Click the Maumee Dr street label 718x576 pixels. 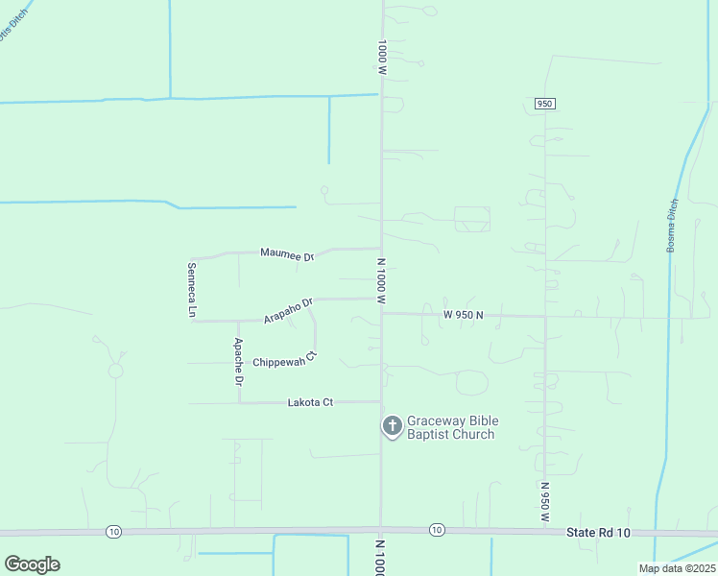click(287, 254)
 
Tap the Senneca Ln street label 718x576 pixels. click(191, 290)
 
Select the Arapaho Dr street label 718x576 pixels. click(289, 311)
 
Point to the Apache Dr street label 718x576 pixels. click(239, 362)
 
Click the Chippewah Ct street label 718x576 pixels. click(284, 362)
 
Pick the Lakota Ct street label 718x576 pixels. click(310, 402)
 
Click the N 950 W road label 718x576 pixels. click(544, 501)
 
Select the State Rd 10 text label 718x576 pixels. click(597, 532)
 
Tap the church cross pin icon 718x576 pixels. click(392, 425)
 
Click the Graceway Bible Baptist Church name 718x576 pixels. click(452, 427)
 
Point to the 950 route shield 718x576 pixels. click(545, 104)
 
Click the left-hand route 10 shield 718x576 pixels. click(113, 531)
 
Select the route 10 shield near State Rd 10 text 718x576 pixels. click(437, 530)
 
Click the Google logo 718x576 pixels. click(32, 564)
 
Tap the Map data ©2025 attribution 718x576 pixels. click(676, 568)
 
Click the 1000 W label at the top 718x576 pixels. click(382, 58)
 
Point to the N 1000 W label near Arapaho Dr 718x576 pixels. click(381, 280)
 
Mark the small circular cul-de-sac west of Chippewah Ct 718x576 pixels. click(115, 370)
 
